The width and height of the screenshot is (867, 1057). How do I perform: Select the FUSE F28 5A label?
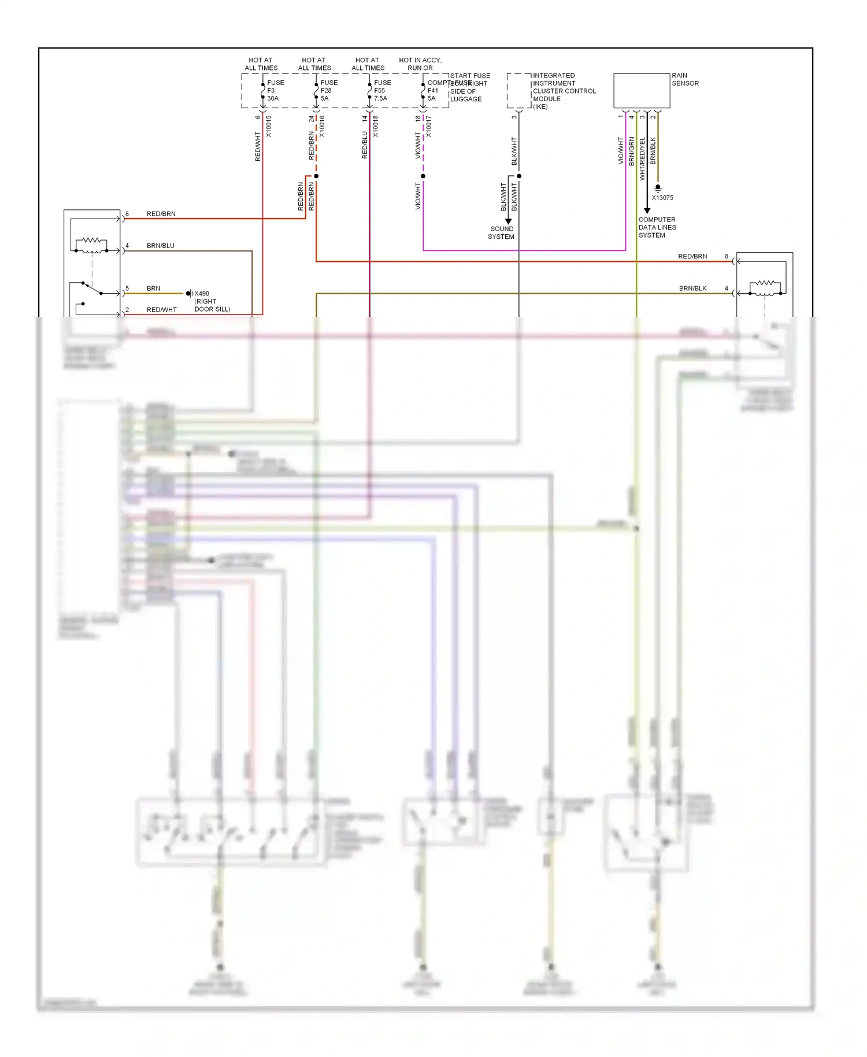click(x=328, y=91)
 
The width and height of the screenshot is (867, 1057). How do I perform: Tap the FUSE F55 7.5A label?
click(x=381, y=91)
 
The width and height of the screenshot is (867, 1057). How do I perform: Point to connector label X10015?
click(x=268, y=126)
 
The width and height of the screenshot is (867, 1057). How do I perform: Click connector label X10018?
click(x=375, y=126)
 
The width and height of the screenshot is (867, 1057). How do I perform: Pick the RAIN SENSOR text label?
click(x=685, y=79)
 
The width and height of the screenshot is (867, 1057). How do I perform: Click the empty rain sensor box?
click(x=642, y=91)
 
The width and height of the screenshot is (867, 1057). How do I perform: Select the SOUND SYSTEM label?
click(x=501, y=232)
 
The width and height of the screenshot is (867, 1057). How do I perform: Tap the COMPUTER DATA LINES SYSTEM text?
click(x=657, y=227)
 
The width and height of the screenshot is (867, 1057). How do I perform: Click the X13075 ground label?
click(x=662, y=198)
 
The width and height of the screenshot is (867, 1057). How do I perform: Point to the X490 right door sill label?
click(x=212, y=301)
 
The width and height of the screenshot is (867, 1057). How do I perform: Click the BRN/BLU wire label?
click(x=160, y=246)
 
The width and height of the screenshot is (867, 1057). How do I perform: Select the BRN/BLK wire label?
click(x=692, y=289)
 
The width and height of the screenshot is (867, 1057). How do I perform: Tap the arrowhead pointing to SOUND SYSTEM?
click(x=509, y=221)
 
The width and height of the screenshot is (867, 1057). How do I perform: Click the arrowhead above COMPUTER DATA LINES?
click(x=647, y=210)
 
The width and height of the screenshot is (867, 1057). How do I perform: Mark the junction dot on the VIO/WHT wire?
click(x=423, y=176)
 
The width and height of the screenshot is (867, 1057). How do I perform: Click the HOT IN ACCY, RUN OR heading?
click(x=420, y=64)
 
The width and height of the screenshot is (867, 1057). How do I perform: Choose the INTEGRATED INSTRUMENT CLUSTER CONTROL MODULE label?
click(x=564, y=91)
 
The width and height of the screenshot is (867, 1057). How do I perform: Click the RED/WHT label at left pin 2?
click(x=162, y=310)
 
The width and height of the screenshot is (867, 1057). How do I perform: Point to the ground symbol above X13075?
click(x=658, y=188)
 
